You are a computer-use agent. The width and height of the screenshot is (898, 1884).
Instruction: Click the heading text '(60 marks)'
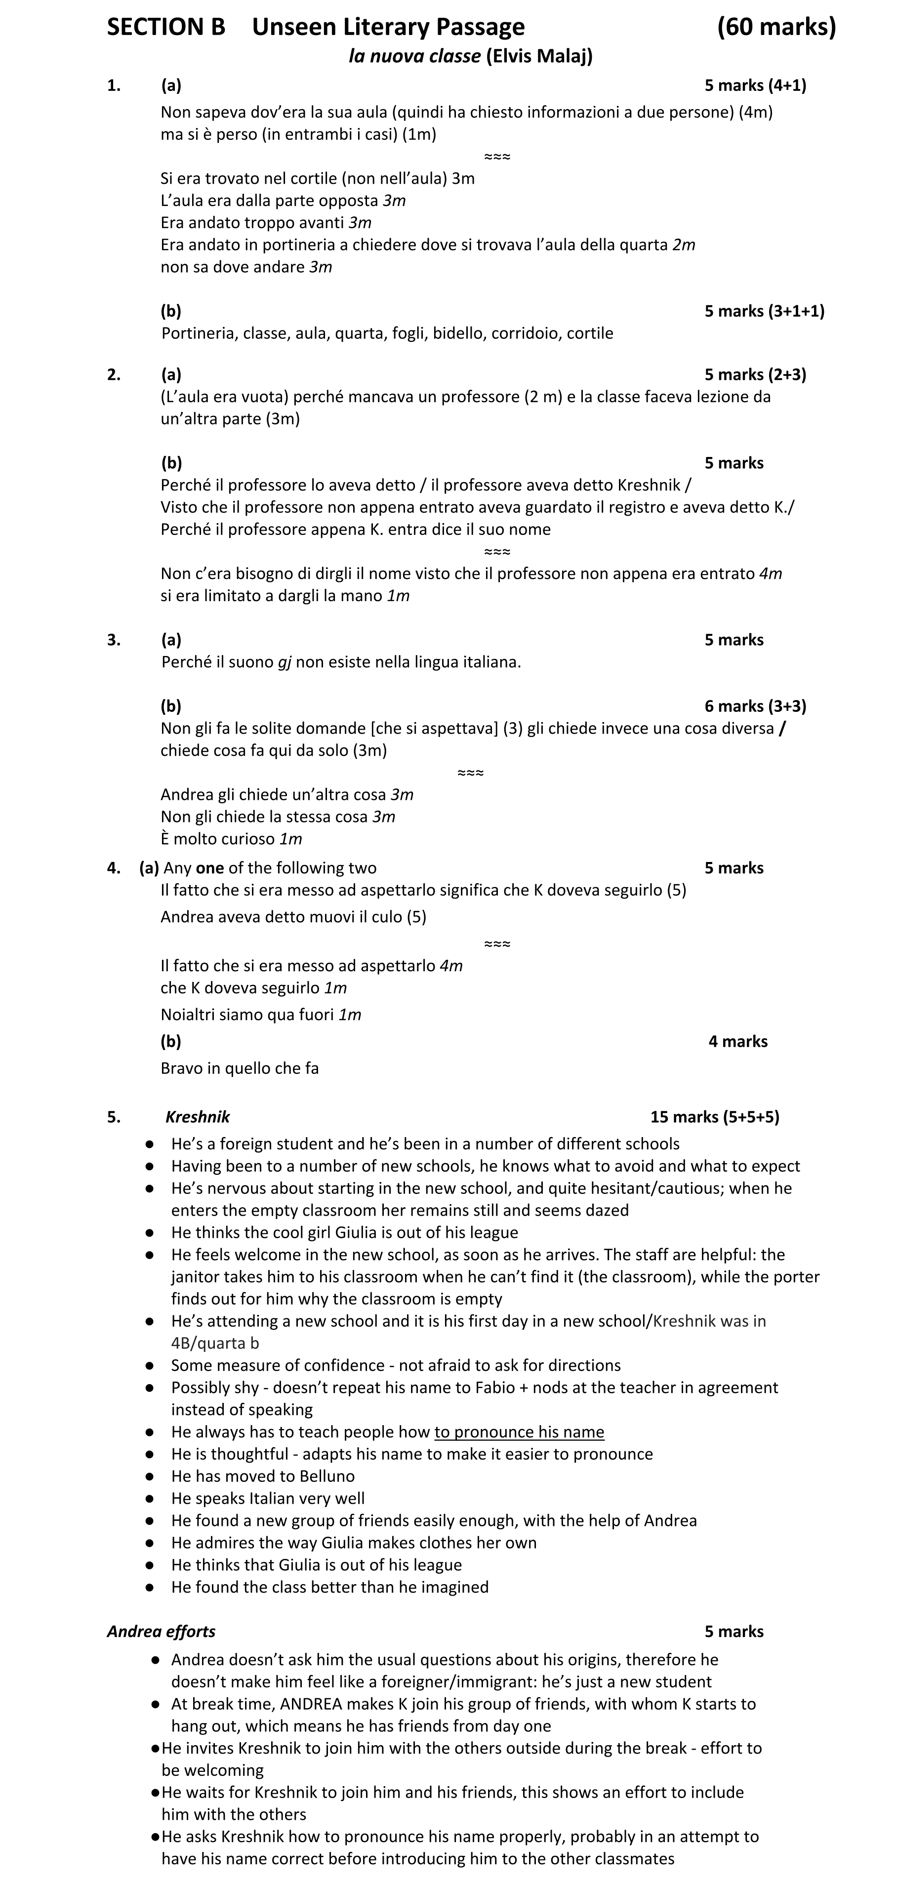776,27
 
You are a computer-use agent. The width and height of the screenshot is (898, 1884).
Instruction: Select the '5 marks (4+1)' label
755,85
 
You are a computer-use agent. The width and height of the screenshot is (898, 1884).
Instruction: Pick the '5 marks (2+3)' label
755,374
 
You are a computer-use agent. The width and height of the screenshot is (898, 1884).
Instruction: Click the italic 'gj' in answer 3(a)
285,662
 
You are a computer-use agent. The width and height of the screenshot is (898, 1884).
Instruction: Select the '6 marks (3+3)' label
755,706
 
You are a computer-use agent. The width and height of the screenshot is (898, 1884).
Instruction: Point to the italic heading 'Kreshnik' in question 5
198,1117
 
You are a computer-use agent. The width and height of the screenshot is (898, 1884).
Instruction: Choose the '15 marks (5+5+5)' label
714,1117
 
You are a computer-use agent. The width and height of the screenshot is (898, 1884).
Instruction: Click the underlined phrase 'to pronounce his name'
519,1432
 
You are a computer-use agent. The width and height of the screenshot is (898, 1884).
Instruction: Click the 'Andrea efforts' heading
161,1632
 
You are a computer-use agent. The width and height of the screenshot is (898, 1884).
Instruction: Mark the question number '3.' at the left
113,640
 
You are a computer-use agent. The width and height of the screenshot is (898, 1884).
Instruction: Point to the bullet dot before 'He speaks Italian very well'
149,1499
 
